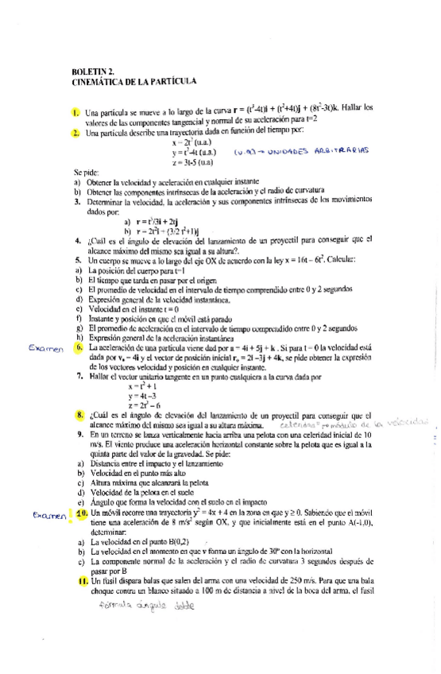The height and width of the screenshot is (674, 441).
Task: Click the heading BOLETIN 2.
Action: point(94,72)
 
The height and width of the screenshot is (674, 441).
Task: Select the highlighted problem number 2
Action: point(75,132)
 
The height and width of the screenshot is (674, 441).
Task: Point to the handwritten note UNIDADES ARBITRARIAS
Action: point(318,150)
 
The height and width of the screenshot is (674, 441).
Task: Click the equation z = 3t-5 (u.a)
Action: point(197,162)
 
